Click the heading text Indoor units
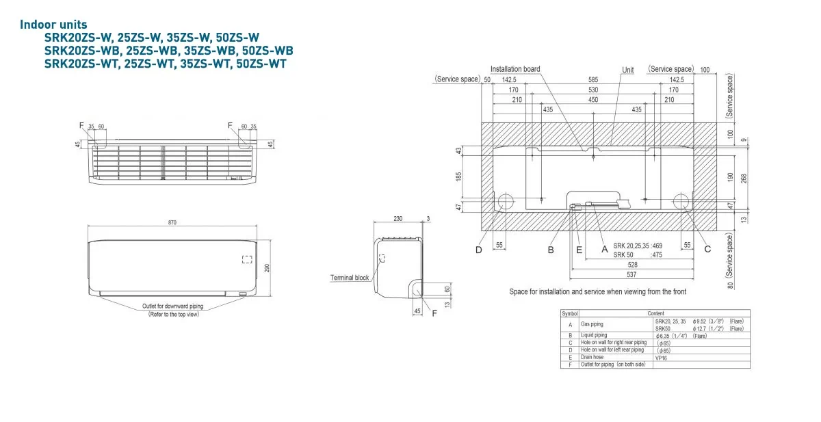click(x=53, y=25)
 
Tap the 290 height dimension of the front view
click(x=268, y=267)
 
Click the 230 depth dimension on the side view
click(x=398, y=219)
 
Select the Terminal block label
click(x=350, y=278)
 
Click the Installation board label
click(x=515, y=69)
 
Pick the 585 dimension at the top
click(x=592, y=80)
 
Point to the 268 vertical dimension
click(x=744, y=177)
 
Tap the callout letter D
click(x=479, y=249)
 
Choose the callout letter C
click(x=707, y=249)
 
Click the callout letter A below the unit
click(x=604, y=249)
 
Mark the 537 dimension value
click(x=633, y=274)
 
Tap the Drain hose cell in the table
click(x=592, y=357)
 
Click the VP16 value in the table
click(x=661, y=357)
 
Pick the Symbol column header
click(x=569, y=313)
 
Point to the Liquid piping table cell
click(x=593, y=335)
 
